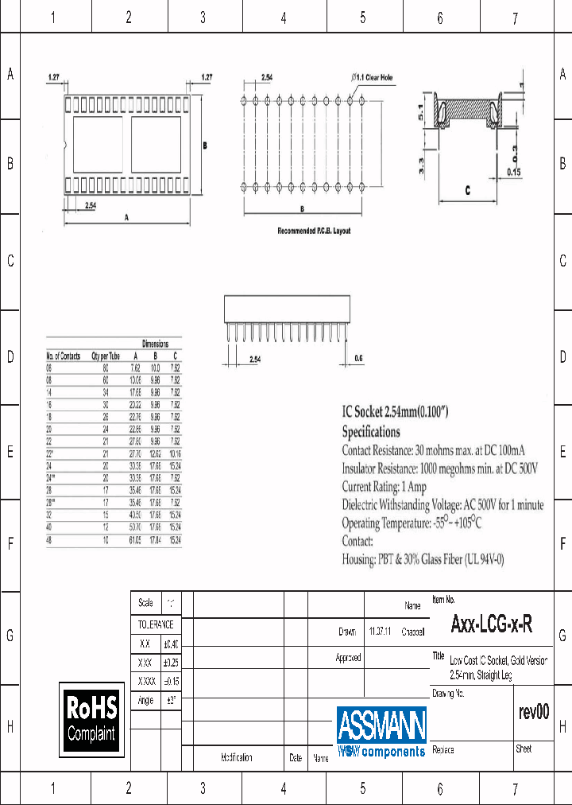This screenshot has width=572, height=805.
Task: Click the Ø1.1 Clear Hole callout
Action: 372,77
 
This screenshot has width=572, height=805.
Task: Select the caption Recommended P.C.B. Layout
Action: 313,231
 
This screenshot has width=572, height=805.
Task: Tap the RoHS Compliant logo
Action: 91,719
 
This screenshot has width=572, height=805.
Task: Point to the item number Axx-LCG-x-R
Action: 491,625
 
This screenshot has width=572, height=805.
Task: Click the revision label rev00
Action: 533,712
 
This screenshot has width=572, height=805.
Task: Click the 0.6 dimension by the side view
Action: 357,359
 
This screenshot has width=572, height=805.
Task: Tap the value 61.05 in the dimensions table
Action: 135,540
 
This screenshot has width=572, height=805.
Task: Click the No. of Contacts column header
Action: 64,356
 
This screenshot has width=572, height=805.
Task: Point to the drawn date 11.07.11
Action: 380,632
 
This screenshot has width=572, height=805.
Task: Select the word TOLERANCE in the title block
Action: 156,625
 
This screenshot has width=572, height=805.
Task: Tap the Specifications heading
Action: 371,432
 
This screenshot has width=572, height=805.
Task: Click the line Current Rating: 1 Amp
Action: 384,486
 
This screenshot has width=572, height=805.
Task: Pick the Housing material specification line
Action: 423,559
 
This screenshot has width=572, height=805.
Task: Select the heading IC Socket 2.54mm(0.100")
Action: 396,412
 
